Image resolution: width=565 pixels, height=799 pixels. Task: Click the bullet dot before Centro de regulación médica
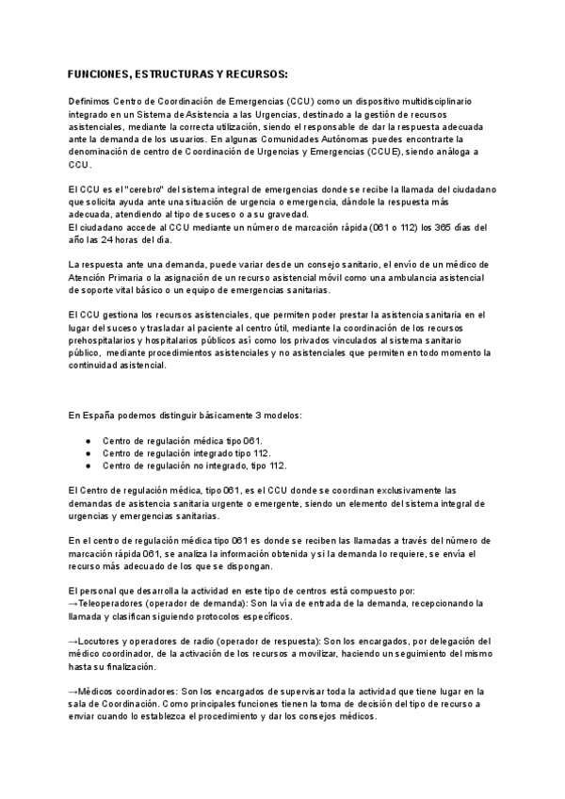[x=88, y=440]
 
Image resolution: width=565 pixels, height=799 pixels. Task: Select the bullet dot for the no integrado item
[x=88, y=465]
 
